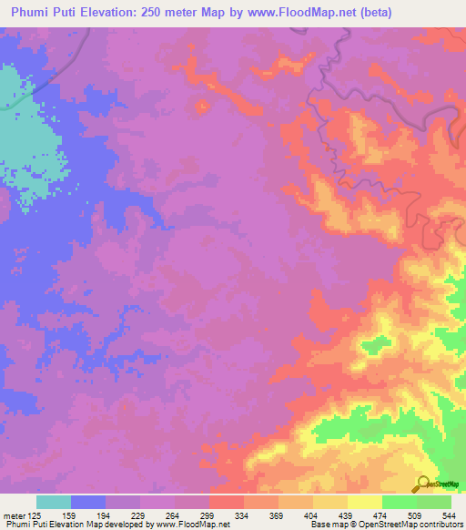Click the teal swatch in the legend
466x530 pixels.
coord(54,502)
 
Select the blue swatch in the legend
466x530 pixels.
coord(88,502)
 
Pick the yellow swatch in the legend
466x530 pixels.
coord(364,502)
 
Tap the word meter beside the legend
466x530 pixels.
coord(14,515)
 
